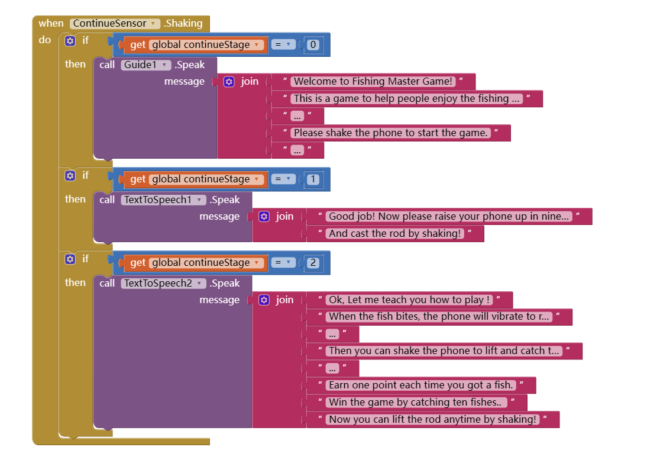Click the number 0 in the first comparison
313,45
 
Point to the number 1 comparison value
313,179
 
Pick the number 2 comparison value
313,263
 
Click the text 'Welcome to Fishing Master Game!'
373,82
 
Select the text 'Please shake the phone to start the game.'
390,133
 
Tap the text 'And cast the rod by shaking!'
394,234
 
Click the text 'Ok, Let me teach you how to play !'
409,300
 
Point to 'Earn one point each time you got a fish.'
420,385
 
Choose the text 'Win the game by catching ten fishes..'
416,403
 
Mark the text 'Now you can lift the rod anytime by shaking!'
432,420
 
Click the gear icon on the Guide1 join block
229,82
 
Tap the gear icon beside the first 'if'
70,41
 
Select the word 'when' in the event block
51,24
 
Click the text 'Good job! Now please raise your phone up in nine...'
449,217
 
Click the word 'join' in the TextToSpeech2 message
284,300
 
